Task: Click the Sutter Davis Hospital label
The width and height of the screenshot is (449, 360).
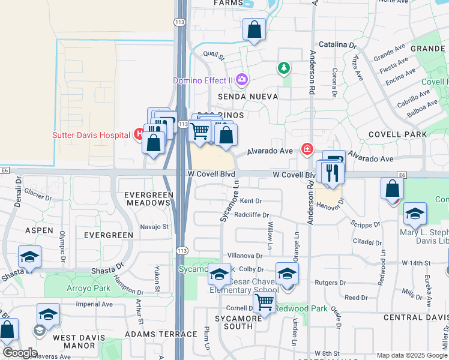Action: tap(91, 135)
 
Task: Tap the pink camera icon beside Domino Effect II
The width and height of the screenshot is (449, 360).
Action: tap(242, 79)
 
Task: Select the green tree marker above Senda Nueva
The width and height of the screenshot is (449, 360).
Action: tap(283, 69)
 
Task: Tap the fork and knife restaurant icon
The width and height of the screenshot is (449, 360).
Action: tap(331, 173)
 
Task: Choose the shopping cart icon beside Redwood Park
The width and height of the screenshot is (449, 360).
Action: tap(264, 304)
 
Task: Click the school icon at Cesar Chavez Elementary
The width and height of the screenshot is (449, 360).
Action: tap(287, 274)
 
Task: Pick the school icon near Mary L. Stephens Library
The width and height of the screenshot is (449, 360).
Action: tap(415, 214)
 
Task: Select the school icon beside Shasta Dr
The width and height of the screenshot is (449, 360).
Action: tap(30, 257)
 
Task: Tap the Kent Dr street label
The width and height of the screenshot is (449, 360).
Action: tap(251, 201)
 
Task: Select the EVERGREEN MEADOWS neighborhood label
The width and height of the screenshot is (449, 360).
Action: tap(148, 199)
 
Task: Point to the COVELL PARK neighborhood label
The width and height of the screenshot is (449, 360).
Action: tap(397, 134)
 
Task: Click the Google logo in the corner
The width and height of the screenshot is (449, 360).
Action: tap(20, 353)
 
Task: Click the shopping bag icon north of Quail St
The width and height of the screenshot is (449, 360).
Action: tap(254, 29)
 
